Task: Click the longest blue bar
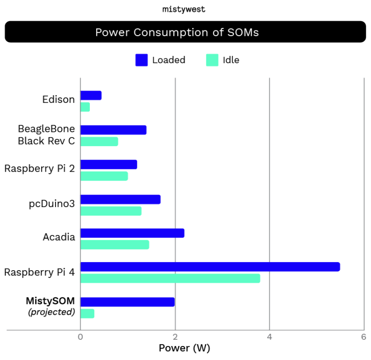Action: pos(210,267)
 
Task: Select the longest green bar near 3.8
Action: pos(170,278)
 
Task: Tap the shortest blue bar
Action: pos(91,95)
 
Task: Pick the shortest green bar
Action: pos(85,107)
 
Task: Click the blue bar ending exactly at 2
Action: pos(128,302)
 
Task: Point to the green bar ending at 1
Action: pos(104,176)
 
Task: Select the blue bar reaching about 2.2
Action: pos(132,233)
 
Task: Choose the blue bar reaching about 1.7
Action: pos(120,199)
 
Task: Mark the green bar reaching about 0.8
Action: pos(99,141)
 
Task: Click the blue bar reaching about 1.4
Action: pos(114,130)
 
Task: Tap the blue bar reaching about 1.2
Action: pos(109,165)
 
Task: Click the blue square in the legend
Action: pos(142,60)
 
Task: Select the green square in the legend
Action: pos(212,60)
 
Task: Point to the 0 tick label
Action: pos(81,337)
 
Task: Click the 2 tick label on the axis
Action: pos(175,337)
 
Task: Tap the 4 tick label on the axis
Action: pos(270,337)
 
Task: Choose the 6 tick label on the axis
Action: pos(363,337)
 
